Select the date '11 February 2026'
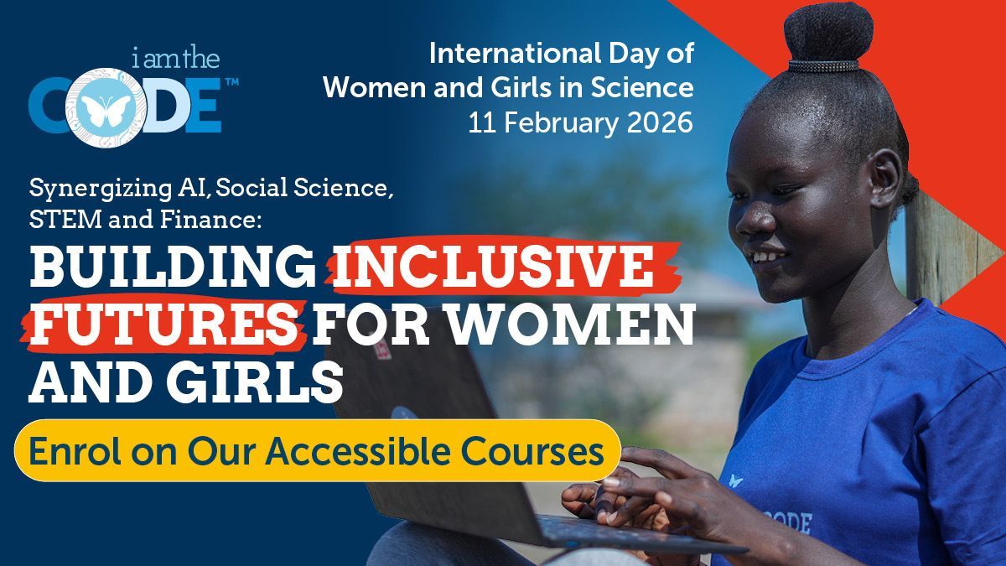coord(581,122)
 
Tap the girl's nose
coord(760,220)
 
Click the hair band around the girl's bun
coord(824,65)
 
